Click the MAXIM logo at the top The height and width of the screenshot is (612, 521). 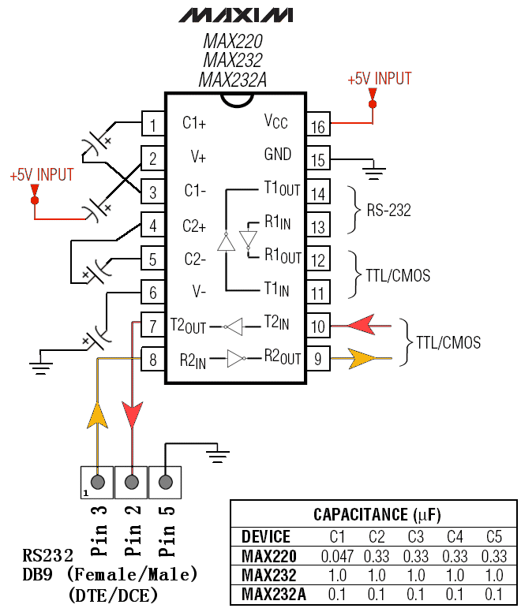(x=235, y=15)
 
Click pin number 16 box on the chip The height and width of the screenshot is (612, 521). (x=318, y=125)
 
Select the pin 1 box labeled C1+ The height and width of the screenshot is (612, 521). (x=152, y=124)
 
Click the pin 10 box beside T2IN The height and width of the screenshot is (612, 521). (x=318, y=326)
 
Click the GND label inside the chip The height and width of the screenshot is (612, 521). (x=277, y=155)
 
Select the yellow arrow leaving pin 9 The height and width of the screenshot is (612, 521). (x=362, y=359)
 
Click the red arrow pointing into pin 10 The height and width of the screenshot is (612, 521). (x=362, y=325)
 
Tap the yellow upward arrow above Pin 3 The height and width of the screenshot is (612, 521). (x=97, y=413)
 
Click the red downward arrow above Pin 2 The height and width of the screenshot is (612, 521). (x=132, y=413)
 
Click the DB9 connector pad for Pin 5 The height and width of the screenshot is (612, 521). (x=165, y=481)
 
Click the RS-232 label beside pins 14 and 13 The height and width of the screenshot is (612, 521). (x=388, y=211)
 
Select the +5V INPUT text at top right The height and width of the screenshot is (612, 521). (x=379, y=79)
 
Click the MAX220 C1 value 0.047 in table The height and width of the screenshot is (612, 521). (x=337, y=556)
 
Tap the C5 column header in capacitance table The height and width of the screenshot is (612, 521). (x=494, y=537)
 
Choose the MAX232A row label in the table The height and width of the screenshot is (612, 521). (x=273, y=593)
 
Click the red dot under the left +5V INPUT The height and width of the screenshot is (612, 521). (x=34, y=200)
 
